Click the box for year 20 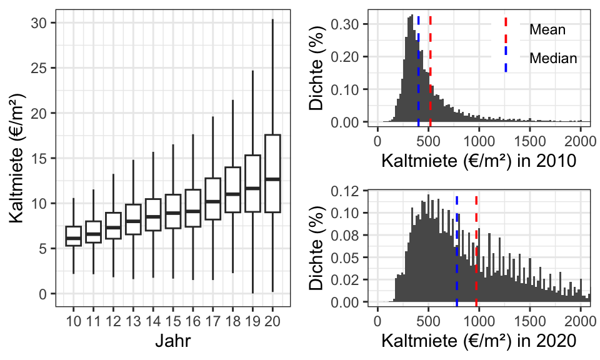(x=272, y=173)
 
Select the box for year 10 (x=74, y=236)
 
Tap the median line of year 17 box (x=212, y=201)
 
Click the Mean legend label (x=547, y=29)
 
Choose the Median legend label (x=553, y=58)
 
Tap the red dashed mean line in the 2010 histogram (x=431, y=69)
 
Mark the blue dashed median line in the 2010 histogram (x=418, y=69)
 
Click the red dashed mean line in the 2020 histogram (x=476, y=250)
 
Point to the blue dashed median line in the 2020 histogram (x=457, y=250)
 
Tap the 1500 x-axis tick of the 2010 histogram (x=530, y=139)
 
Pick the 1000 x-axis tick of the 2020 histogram (x=479, y=319)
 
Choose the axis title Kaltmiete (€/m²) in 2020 (x=478, y=341)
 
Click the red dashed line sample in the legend (x=506, y=29)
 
